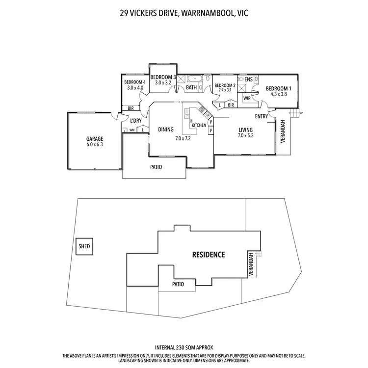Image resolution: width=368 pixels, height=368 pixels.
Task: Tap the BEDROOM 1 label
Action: (x=278, y=89)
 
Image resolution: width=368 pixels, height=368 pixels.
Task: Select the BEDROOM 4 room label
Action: (x=134, y=82)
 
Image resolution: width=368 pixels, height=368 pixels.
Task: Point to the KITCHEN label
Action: (x=199, y=126)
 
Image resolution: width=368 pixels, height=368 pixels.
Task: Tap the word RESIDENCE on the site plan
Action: (x=208, y=255)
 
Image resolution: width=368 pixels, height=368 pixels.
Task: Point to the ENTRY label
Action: (x=261, y=116)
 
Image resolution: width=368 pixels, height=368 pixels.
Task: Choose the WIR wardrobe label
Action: (x=247, y=98)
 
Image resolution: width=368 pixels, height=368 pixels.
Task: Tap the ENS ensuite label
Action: (x=248, y=79)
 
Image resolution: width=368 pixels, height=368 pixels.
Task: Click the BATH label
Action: (x=191, y=88)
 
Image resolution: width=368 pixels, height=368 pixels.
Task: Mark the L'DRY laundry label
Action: (x=136, y=120)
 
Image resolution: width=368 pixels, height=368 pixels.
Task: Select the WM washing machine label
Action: (x=131, y=130)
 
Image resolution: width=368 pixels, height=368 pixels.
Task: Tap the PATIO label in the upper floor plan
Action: (x=156, y=167)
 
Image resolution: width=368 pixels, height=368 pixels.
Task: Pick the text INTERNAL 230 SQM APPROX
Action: (x=184, y=346)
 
